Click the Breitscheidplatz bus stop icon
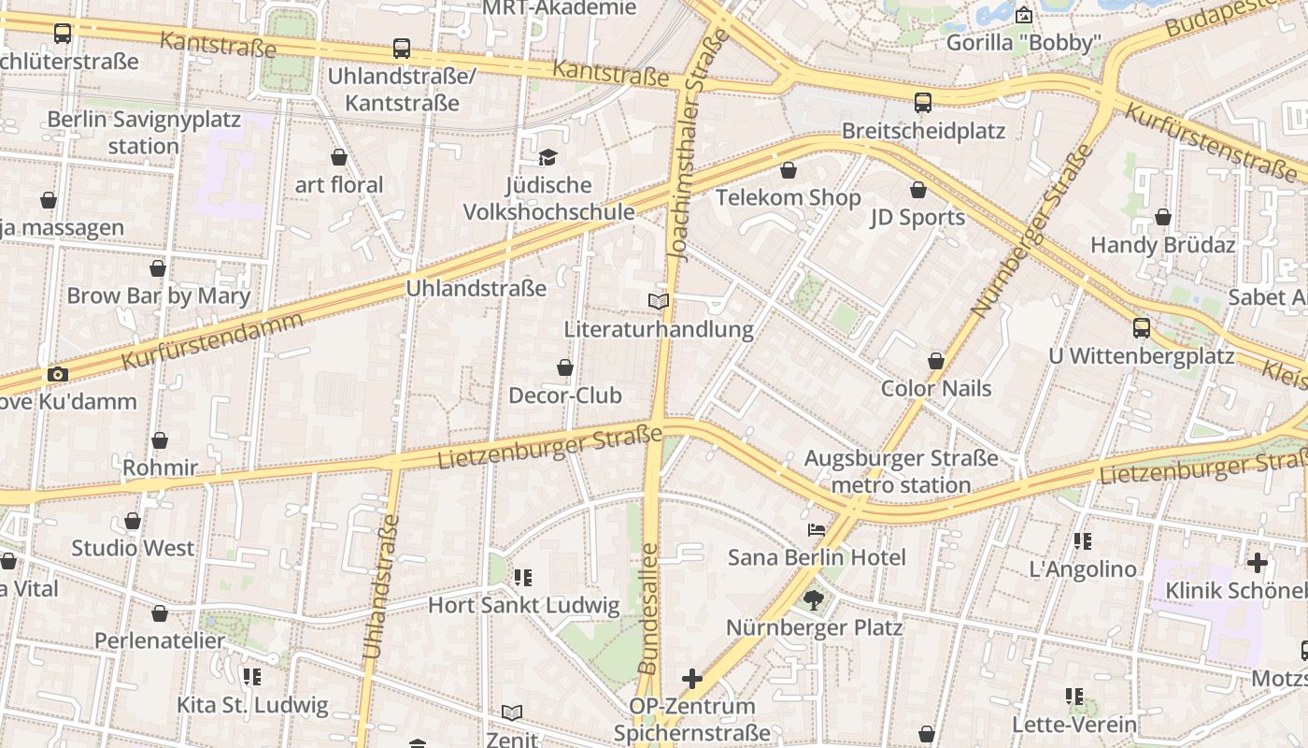[x=923, y=103]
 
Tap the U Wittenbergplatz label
[x=1141, y=356]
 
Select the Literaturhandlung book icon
[x=659, y=301]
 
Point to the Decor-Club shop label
[x=564, y=396]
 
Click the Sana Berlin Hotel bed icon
[x=817, y=530]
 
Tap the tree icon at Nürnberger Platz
[x=814, y=599]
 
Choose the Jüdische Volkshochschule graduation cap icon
[x=547, y=157]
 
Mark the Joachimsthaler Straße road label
[x=687, y=145]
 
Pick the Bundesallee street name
[x=647, y=609]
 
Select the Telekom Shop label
[x=788, y=197]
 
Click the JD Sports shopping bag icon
[x=918, y=190]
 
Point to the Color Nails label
[x=936, y=388]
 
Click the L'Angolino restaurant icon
[x=1083, y=540]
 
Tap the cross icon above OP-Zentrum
[x=692, y=678]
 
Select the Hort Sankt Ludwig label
[x=523, y=605]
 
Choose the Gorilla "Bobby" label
[x=1024, y=43]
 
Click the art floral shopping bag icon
[x=339, y=157]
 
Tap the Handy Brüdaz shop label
[x=1163, y=245]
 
